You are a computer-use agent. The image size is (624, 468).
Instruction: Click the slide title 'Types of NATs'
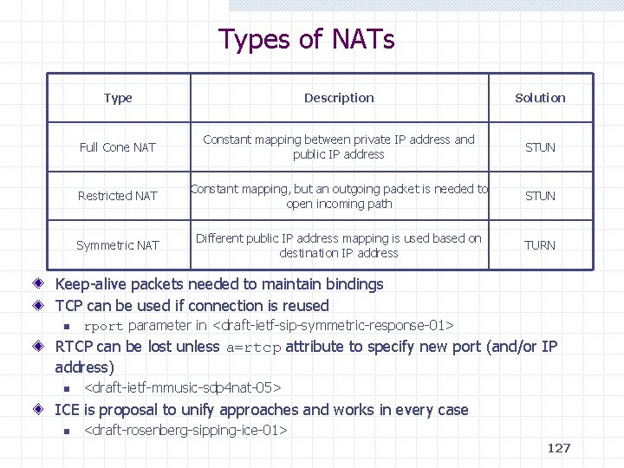[x=307, y=39]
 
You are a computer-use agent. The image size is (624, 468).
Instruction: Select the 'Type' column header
[x=118, y=98]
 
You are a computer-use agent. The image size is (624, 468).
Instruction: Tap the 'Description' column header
[x=339, y=98]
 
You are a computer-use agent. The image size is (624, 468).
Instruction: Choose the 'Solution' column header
[x=540, y=98]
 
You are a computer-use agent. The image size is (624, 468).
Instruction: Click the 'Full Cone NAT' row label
[x=118, y=147]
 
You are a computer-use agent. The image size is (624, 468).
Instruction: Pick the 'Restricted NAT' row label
[x=118, y=196]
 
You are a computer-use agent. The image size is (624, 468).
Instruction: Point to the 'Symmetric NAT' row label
[x=118, y=245]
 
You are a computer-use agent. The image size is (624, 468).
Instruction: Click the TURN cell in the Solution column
[x=540, y=245]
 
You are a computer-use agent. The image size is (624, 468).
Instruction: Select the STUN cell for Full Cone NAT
[x=540, y=147]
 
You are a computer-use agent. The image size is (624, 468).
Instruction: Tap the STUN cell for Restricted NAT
[x=540, y=196]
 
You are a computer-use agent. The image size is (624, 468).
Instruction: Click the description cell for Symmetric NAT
[x=339, y=245]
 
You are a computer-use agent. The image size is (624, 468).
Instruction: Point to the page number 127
[x=559, y=448]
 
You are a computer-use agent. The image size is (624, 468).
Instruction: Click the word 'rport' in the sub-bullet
[x=103, y=327]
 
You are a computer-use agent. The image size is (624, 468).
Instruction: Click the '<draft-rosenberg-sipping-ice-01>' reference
[x=185, y=430]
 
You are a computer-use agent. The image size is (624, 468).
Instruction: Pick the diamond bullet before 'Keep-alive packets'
[x=41, y=284]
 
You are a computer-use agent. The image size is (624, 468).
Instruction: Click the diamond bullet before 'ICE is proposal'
[x=41, y=410]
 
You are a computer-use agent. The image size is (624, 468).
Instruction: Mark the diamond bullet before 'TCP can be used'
[x=41, y=306]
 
